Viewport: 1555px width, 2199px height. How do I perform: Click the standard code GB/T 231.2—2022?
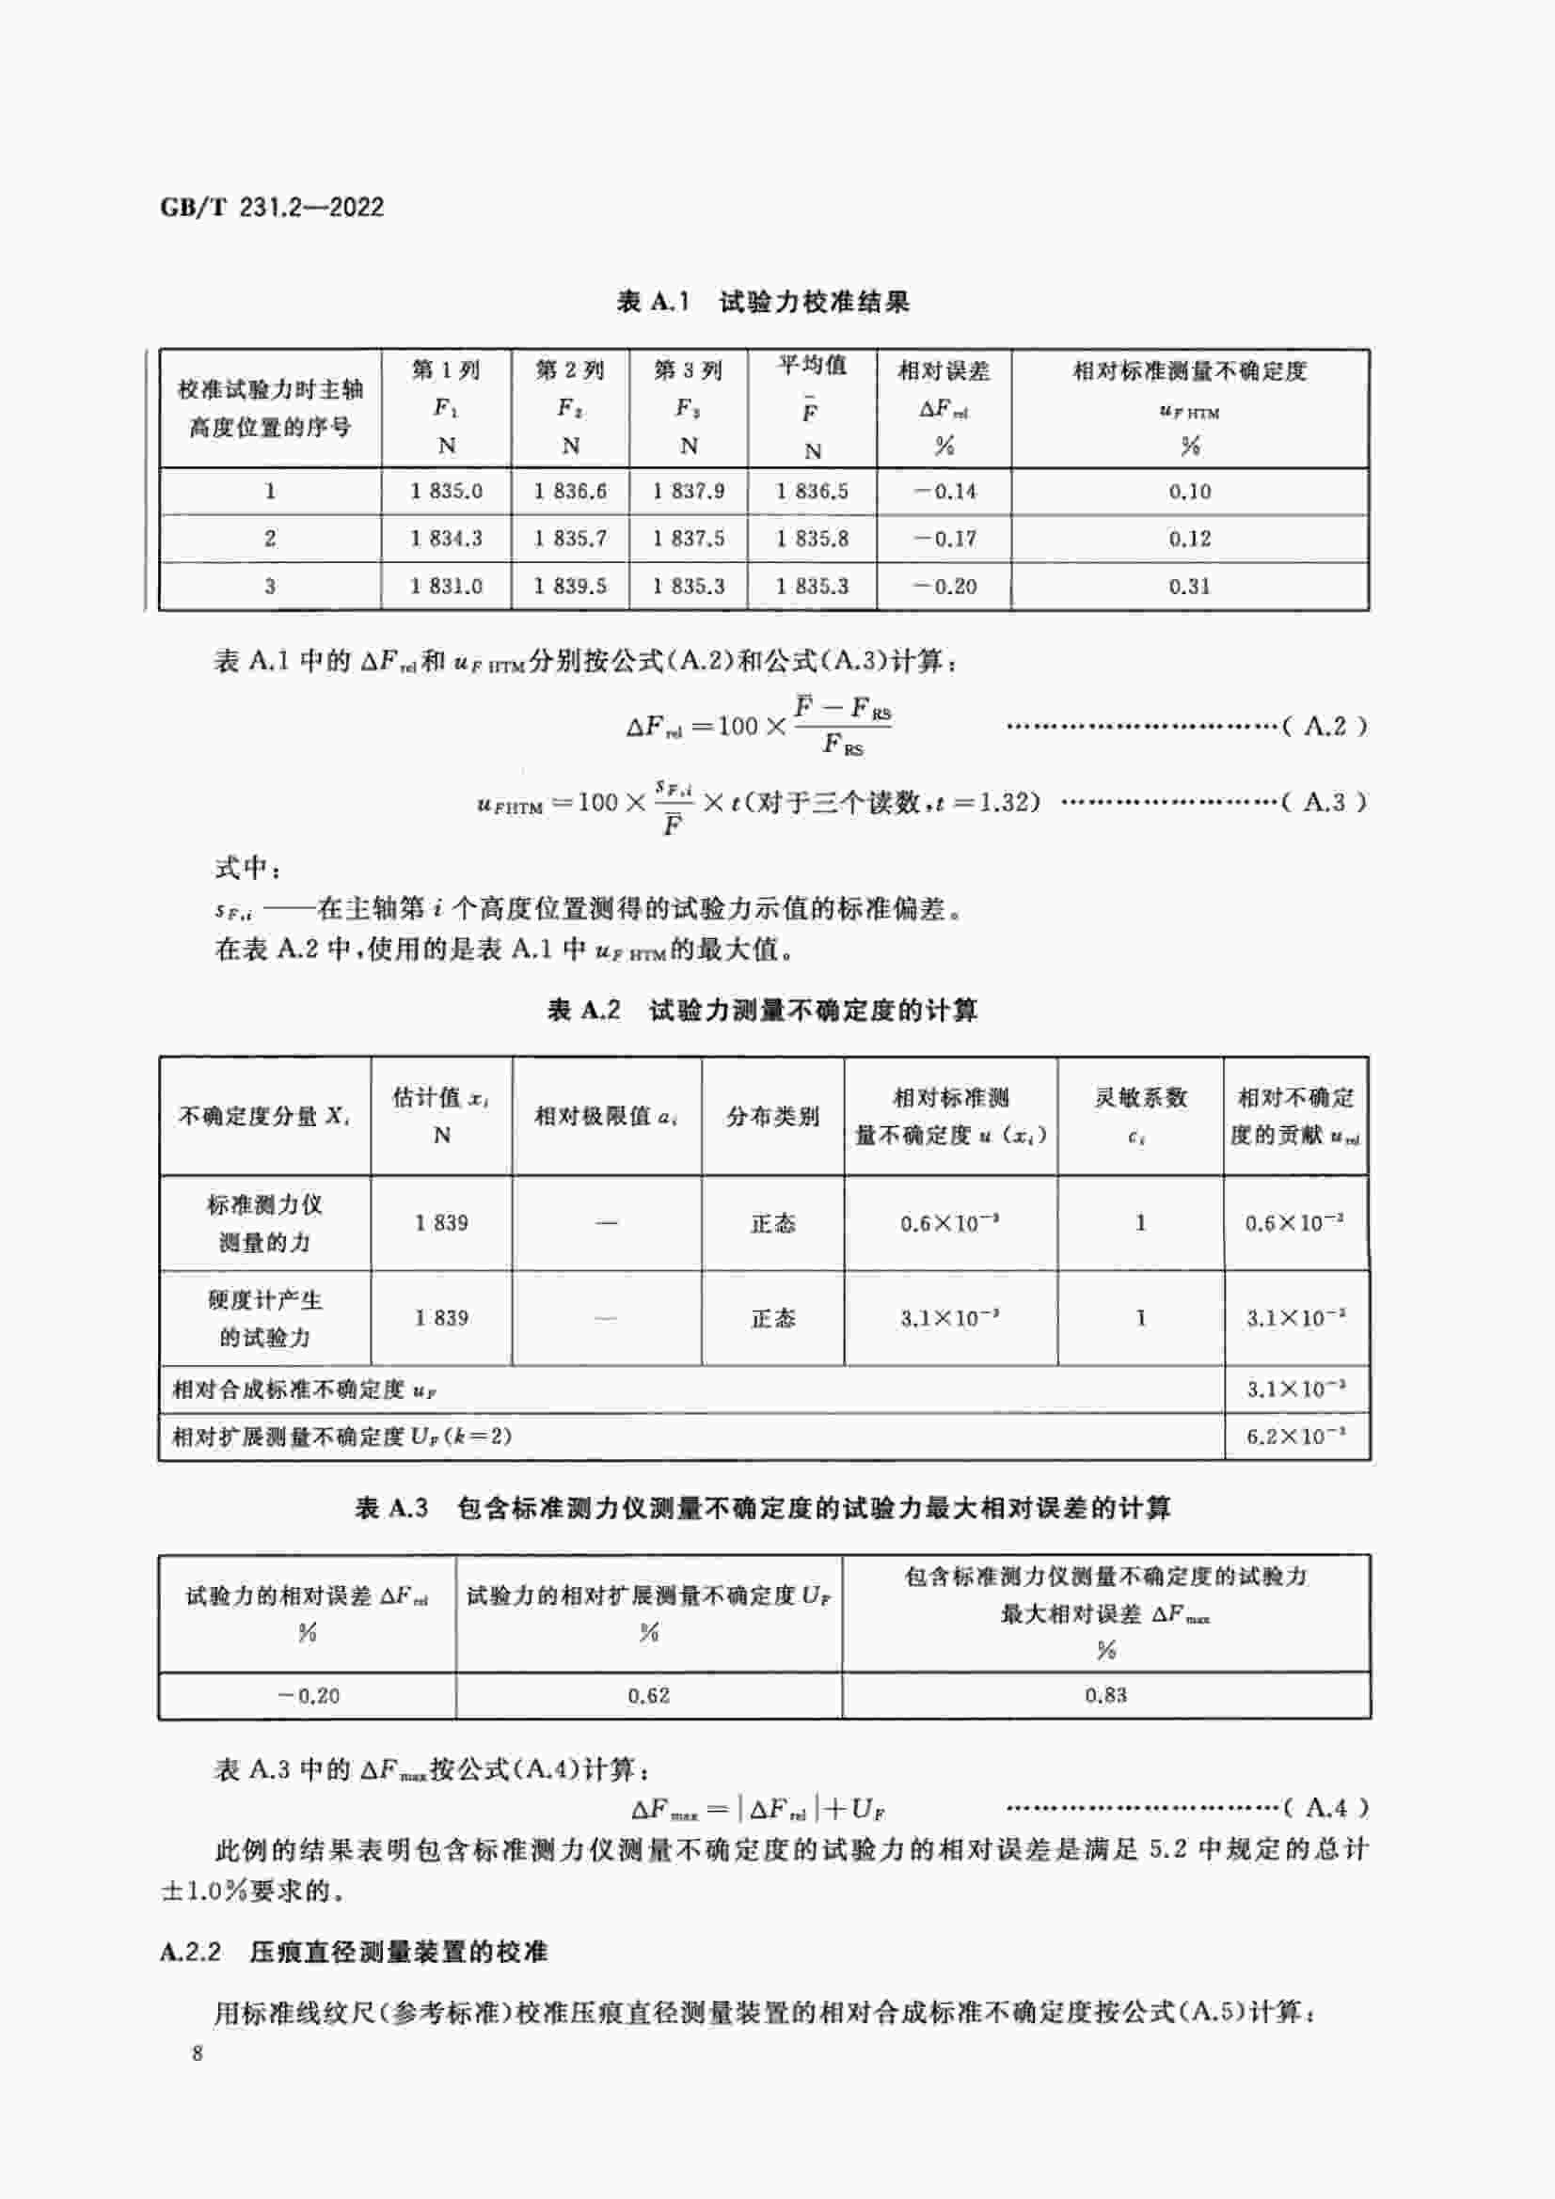click(x=271, y=207)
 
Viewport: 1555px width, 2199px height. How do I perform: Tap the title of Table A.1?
click(x=763, y=302)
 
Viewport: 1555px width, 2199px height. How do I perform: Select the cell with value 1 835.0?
click(x=446, y=492)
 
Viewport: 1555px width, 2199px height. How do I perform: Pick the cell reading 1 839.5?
click(x=570, y=586)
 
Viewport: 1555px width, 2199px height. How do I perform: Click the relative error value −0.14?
click(x=944, y=492)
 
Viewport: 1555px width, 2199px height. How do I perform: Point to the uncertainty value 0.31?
click(x=1189, y=586)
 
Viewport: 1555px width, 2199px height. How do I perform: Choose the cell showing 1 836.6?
click(x=570, y=492)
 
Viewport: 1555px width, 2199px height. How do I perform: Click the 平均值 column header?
click(x=812, y=366)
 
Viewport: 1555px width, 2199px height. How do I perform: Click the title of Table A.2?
click(x=763, y=1010)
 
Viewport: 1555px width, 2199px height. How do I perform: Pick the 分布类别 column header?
click(x=772, y=1116)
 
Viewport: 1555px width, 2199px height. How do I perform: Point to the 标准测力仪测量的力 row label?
click(x=264, y=1223)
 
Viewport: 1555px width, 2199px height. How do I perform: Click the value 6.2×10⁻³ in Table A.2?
click(x=1295, y=1437)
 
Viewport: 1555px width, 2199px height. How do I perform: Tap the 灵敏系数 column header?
click(x=1140, y=1098)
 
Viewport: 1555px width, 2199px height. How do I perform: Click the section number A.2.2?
click(x=191, y=1952)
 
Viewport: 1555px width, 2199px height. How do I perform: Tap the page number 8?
click(x=198, y=2052)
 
